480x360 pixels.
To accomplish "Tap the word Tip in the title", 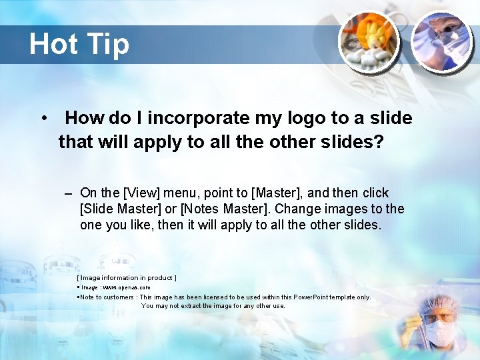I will [107, 45].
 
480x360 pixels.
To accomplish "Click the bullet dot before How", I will [43, 119].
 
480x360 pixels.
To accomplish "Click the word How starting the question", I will [85, 119].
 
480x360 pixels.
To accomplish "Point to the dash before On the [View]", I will [69, 193].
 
